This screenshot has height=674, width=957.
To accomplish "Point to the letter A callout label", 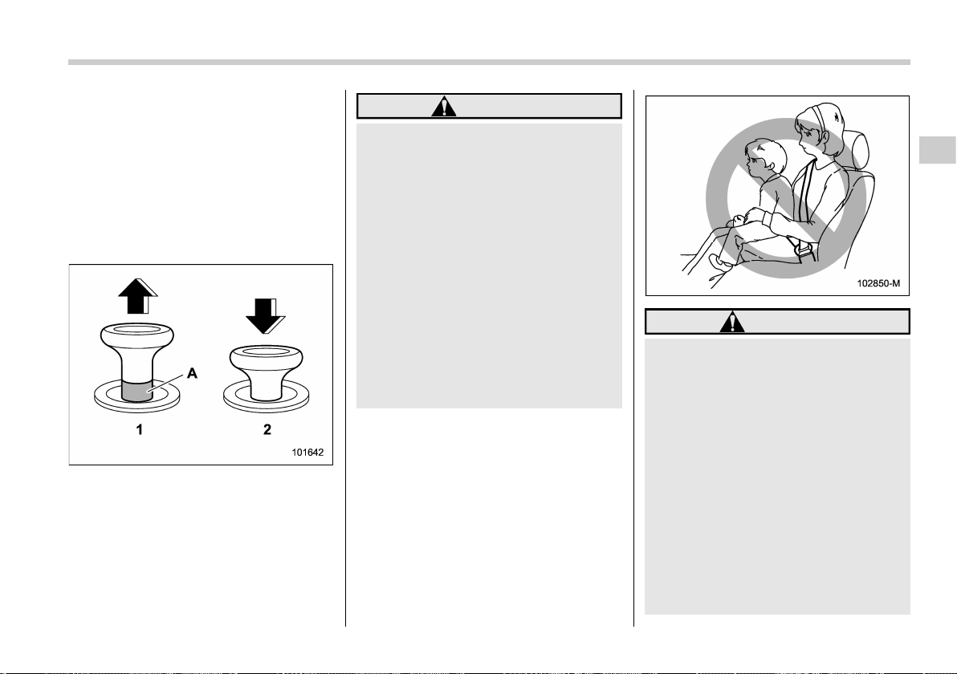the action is pos(192,372).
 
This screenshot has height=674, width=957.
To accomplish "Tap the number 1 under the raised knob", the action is pos(139,429).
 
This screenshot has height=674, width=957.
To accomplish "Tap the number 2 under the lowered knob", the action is pos(267,429).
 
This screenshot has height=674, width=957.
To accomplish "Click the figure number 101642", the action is pos(307,453).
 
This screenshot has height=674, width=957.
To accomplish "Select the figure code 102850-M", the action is pos(878,283).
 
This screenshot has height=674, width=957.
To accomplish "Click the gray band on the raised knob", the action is pos(136,391).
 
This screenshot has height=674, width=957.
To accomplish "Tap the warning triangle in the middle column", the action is pos(444,106).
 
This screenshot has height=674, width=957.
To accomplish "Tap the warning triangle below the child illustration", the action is pos(731,322).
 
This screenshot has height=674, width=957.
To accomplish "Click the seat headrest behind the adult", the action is pos(853,149).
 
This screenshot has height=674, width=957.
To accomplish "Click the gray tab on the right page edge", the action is pos(938,150).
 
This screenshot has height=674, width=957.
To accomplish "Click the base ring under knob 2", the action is pos(266,398).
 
